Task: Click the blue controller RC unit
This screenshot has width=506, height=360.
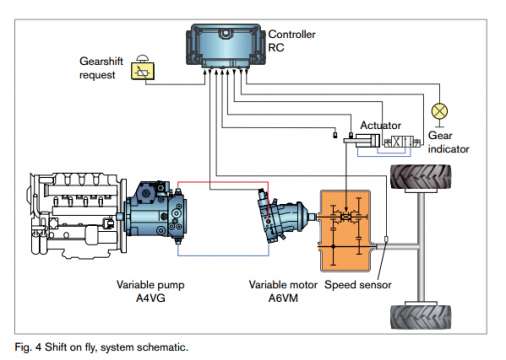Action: point(226,45)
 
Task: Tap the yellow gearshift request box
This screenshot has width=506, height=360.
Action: point(143,71)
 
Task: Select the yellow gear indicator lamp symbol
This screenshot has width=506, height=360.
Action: point(439,111)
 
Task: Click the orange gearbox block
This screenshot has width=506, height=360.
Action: point(345,231)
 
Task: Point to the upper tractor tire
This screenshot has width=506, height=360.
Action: point(421,178)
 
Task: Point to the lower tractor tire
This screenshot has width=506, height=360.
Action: point(421,316)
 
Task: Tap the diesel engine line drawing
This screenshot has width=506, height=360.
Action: point(77,216)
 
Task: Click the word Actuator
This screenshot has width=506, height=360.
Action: point(380,125)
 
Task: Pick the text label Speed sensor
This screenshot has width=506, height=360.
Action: point(358,285)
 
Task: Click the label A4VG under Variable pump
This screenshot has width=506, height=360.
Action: point(151,298)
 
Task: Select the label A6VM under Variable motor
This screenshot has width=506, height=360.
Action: point(283,298)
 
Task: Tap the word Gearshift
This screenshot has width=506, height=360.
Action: point(101,61)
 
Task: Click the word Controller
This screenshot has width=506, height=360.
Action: point(292,34)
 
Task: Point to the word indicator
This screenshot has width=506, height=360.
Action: point(448,149)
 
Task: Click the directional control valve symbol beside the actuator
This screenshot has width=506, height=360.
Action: point(402,142)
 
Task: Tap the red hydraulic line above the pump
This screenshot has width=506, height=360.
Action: point(223,182)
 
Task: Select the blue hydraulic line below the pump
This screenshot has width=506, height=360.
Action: point(223,255)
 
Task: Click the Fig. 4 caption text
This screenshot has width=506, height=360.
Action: point(101,347)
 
